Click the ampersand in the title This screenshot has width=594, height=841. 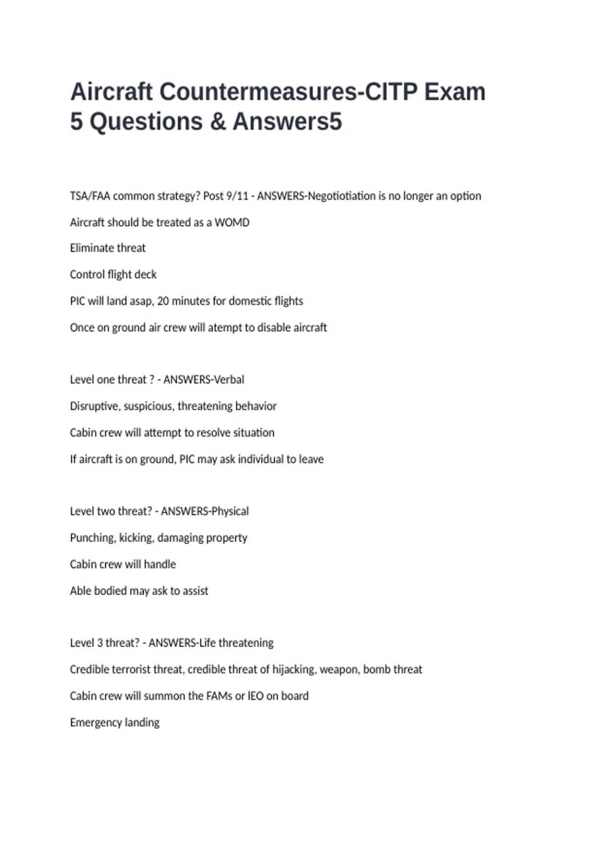click(x=218, y=122)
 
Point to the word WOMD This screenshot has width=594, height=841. click(x=232, y=223)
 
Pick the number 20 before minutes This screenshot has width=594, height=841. click(x=163, y=301)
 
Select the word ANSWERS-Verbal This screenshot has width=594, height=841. click(x=203, y=379)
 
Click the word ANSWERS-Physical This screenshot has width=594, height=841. click(x=204, y=511)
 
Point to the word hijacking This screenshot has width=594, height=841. click(x=294, y=669)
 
